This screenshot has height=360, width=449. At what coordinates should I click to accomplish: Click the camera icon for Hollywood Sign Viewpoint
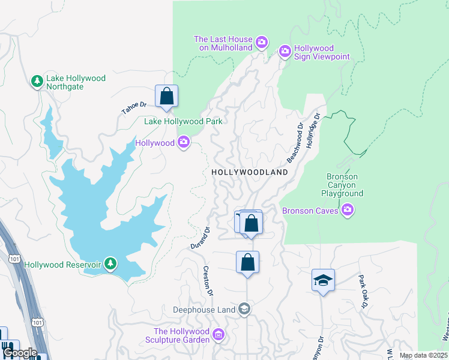[x=285, y=52]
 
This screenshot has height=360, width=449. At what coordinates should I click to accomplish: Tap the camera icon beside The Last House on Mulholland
[x=261, y=42]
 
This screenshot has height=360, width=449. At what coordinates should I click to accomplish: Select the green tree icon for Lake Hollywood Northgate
[x=37, y=81]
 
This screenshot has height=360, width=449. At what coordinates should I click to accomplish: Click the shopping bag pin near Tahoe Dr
[x=166, y=97]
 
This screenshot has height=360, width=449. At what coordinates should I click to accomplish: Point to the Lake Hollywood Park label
[x=183, y=121]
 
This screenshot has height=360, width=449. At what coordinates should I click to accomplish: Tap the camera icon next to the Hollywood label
[x=184, y=142]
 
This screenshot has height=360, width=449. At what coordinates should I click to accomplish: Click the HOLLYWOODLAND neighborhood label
[x=250, y=172]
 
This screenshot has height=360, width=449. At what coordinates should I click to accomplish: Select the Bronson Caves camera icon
[x=347, y=210]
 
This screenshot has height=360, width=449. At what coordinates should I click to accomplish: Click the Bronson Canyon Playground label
[x=342, y=185]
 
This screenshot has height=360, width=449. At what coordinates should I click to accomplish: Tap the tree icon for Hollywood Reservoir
[x=110, y=263]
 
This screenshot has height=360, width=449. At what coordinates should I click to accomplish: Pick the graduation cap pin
[x=323, y=280]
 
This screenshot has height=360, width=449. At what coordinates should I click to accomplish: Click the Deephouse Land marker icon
[x=244, y=310]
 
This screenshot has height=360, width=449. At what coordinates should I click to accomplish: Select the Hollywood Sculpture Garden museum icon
[x=218, y=335]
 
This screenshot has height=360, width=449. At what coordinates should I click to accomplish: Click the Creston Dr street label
[x=208, y=281]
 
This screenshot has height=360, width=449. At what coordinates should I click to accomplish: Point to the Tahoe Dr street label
[x=134, y=108]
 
